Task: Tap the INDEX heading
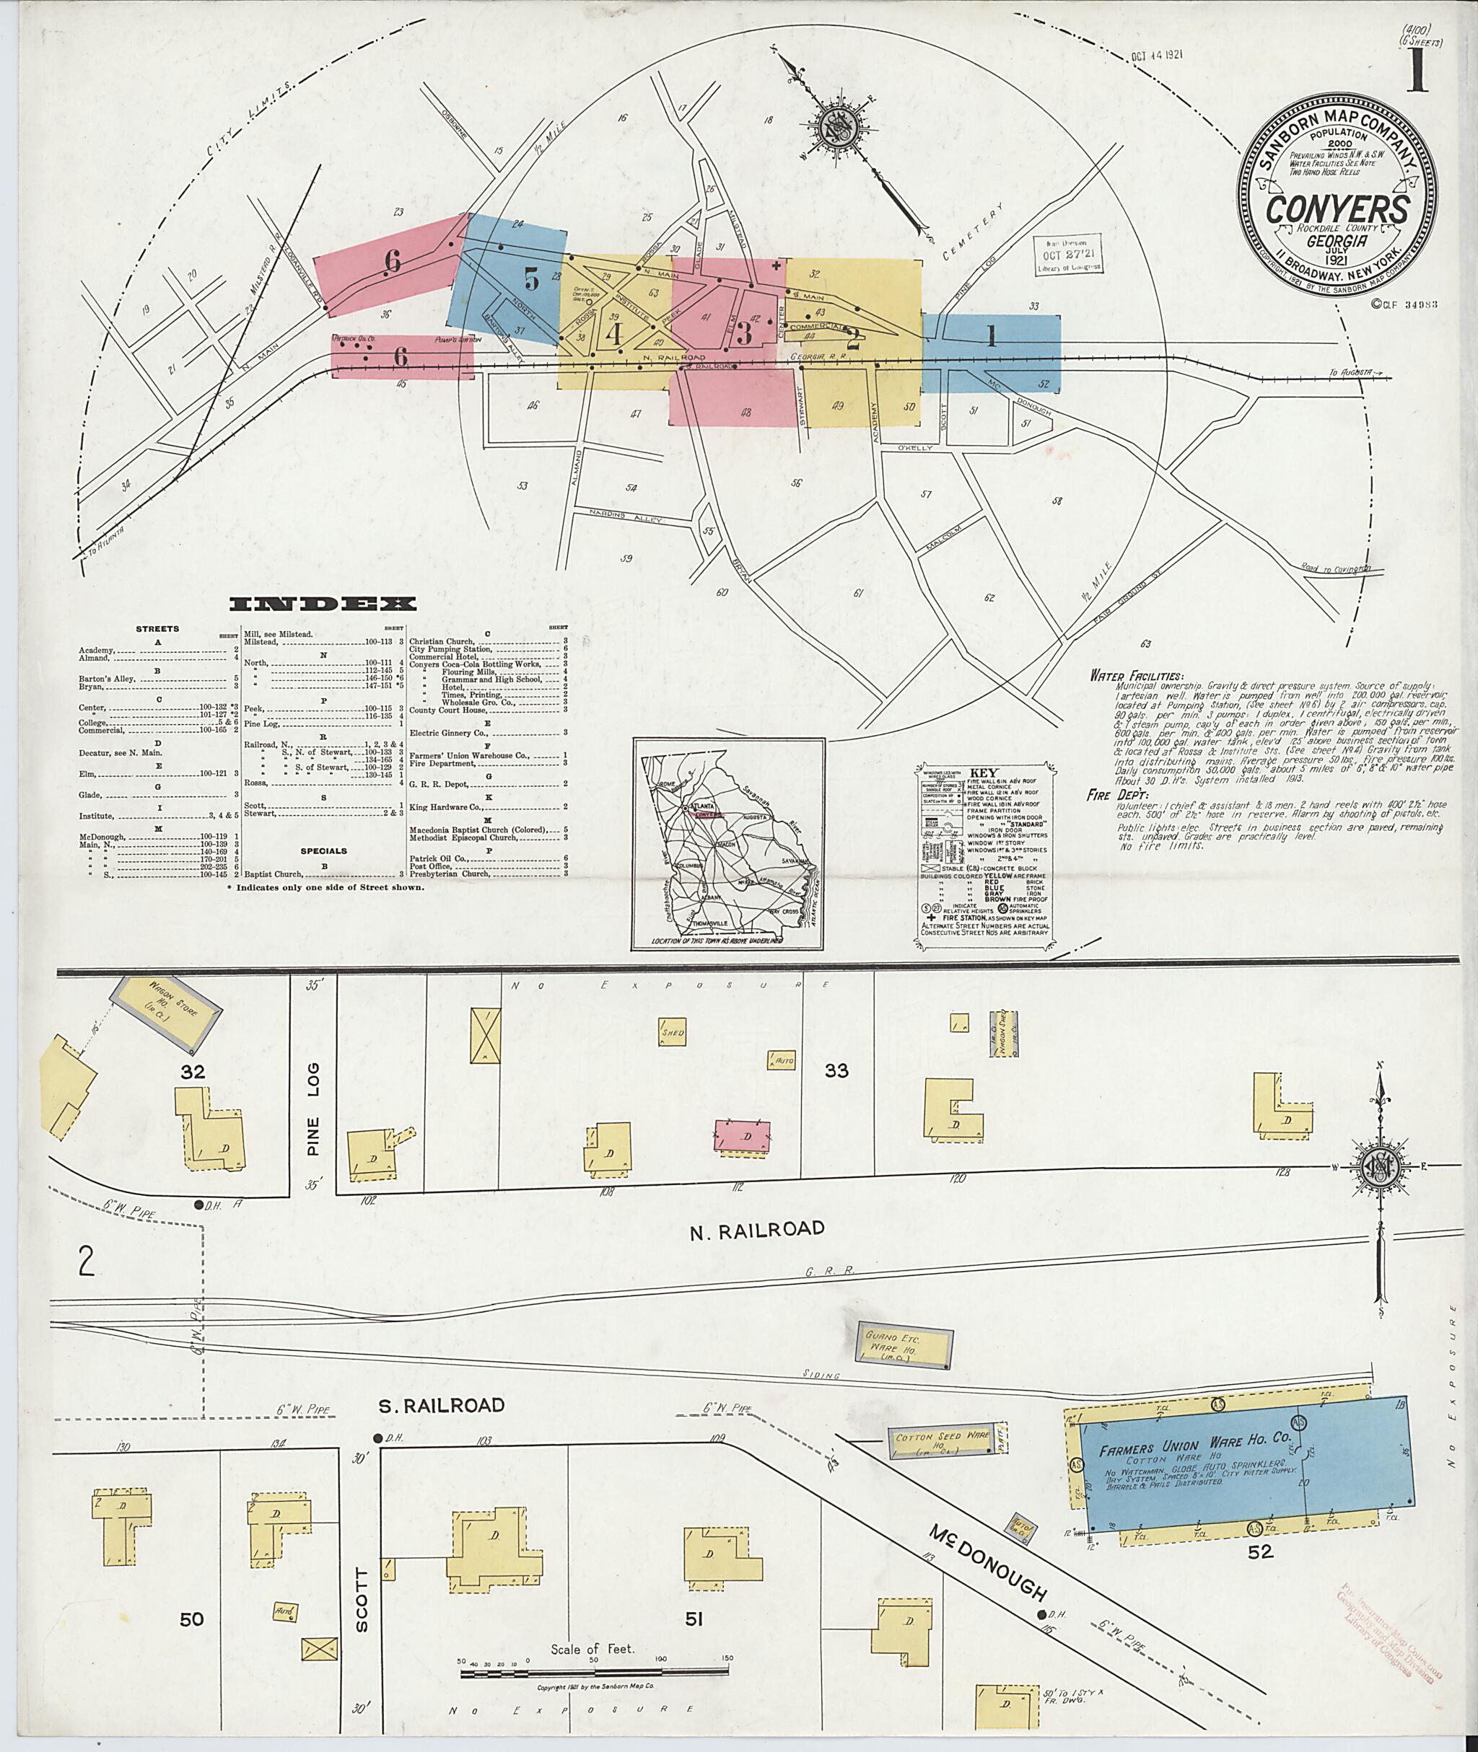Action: [323, 604]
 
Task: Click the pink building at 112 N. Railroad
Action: [741, 1137]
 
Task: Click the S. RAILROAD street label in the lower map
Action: [440, 1405]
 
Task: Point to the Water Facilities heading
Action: [1136, 675]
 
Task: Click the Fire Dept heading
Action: [1118, 795]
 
